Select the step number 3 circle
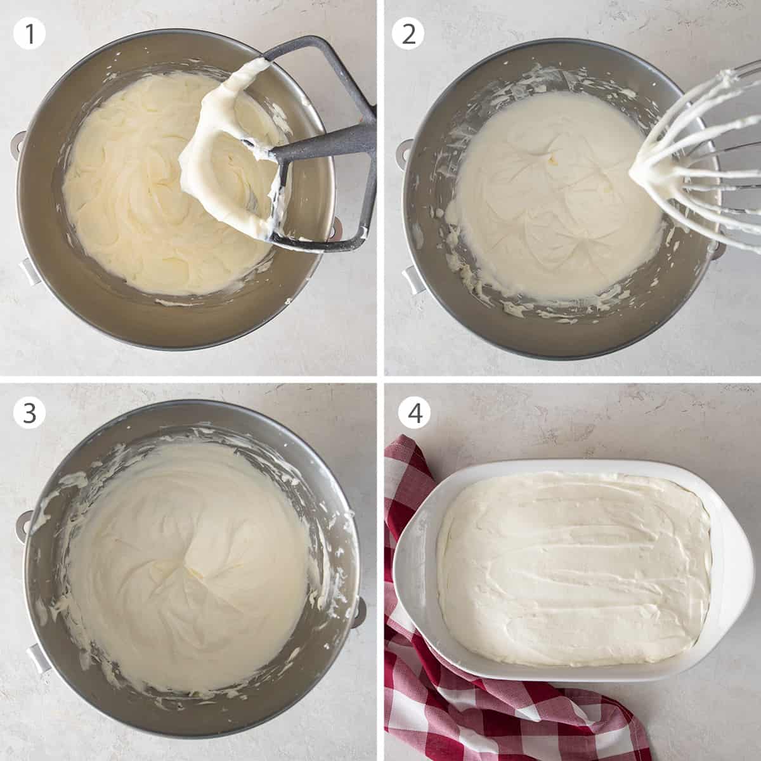[x=29, y=413]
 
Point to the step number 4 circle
[x=414, y=413]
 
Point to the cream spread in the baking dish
[x=571, y=558]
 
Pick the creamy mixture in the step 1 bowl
[x=140, y=203]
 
